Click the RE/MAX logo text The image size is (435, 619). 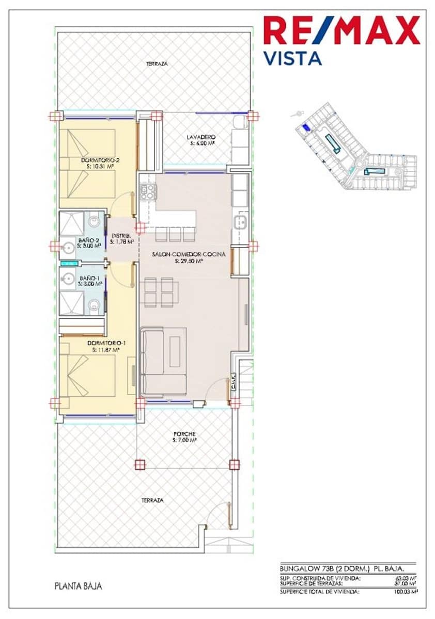click(341, 31)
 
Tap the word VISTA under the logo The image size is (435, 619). click(292, 58)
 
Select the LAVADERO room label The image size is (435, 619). click(201, 137)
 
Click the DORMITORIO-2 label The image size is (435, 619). click(100, 160)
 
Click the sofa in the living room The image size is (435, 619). click(164, 364)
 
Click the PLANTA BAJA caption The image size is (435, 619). click(78, 586)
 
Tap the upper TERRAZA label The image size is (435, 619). click(157, 63)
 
